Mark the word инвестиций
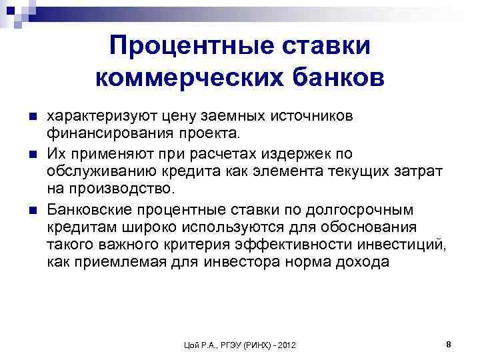coord(404,246)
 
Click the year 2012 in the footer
coord(285,345)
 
